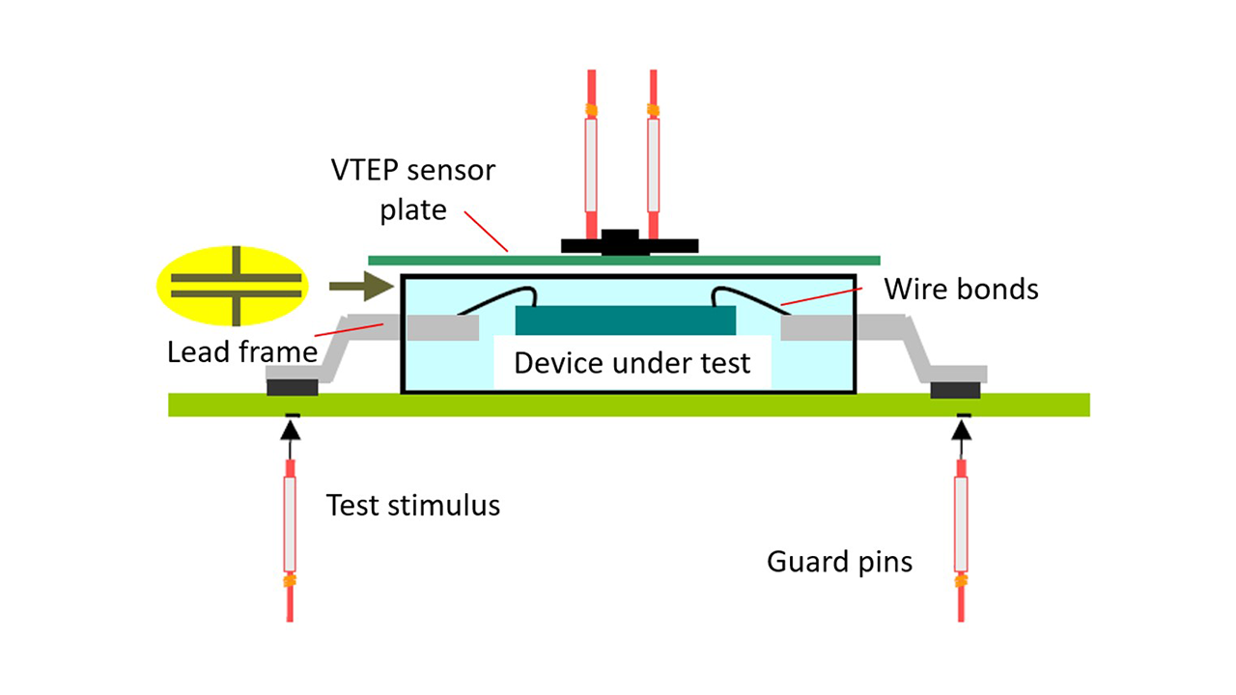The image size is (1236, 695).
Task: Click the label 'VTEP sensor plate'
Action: coord(413,190)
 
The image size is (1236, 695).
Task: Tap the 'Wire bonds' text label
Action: coord(961,289)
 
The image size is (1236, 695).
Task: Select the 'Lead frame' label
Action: coord(242,351)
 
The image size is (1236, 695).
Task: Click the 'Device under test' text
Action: coord(632,363)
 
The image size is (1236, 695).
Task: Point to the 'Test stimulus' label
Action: coord(413,505)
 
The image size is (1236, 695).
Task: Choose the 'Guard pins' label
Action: coord(839,561)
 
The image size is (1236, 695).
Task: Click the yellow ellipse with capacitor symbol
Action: coord(232,285)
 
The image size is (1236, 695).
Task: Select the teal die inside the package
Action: coord(625,320)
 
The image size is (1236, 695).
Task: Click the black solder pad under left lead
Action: coord(293,387)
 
